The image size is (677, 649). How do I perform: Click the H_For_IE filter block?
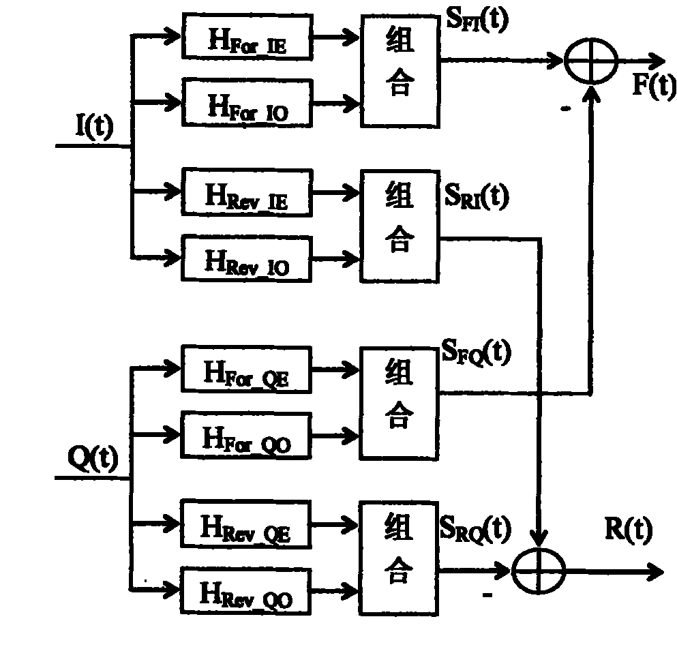coord(247,37)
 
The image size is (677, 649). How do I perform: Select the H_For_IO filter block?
coord(247,103)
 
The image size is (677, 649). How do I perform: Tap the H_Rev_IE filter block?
coord(247,192)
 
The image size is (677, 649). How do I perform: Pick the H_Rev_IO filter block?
coord(247,258)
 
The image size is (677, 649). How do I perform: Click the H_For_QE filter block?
coord(247,369)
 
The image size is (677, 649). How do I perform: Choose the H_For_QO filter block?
coord(247,435)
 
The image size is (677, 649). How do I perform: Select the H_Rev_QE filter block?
coord(245,524)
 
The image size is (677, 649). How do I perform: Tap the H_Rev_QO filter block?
coord(245,592)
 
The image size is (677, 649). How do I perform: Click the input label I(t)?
coord(95,126)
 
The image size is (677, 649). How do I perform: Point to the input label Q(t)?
coord(93,459)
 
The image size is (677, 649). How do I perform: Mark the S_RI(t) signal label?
coord(477,196)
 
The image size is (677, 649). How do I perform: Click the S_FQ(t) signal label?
coord(477,352)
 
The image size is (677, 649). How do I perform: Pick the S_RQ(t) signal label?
coord(475,528)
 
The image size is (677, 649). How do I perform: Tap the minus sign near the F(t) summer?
coord(566,109)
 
